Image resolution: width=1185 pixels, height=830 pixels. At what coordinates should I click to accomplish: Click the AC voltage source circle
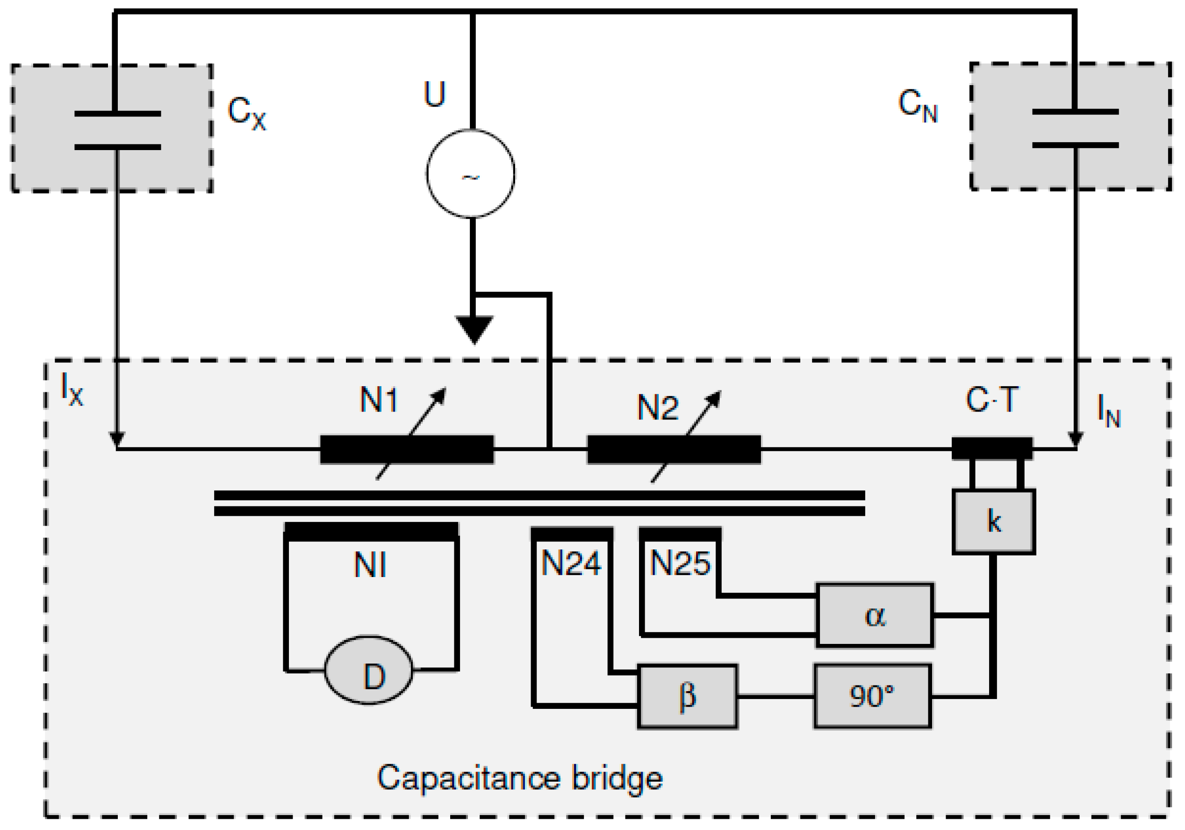coord(470,173)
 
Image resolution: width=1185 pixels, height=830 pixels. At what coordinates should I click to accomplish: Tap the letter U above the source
coord(434,94)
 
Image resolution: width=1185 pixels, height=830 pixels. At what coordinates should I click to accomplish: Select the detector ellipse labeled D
coord(368,670)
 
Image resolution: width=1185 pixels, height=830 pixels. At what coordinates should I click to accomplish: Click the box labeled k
coord(993,521)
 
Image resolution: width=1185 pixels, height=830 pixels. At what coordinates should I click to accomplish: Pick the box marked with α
coord(875,615)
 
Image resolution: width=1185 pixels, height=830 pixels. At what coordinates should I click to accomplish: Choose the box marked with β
coord(688,696)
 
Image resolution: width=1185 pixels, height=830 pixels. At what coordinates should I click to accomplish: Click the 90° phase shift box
coord(873,696)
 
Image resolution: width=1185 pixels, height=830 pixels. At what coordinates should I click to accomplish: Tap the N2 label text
coord(658,407)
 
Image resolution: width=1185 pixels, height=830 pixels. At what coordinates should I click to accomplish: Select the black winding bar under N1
coord(407,449)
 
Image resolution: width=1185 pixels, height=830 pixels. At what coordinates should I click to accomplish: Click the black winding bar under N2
coord(674,449)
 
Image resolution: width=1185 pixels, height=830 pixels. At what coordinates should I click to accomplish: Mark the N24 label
coord(571,563)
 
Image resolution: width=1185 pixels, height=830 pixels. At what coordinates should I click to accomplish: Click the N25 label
coord(680,563)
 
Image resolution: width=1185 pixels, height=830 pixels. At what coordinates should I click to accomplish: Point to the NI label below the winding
coord(370,565)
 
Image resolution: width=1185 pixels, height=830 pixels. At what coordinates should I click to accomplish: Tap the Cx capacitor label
coord(246,113)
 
